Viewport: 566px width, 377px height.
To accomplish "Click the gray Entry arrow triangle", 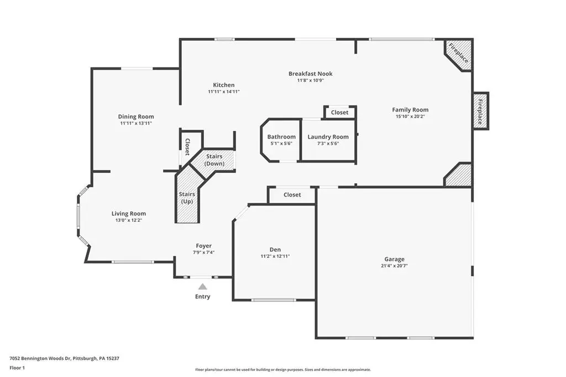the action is tap(202, 287).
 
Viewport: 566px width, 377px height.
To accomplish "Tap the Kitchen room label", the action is tap(224, 85).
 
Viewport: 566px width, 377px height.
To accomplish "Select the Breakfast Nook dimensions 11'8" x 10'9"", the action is tap(311, 81).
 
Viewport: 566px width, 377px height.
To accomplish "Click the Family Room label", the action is tap(411, 110).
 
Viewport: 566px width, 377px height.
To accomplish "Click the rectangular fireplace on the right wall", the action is tap(481, 111).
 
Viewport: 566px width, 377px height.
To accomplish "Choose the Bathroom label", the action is tap(281, 137).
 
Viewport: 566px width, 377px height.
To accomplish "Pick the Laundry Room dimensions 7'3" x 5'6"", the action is tap(328, 144).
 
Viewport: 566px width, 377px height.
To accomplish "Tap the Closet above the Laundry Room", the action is tap(340, 113).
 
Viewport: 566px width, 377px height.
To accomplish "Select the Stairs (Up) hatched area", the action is tap(187, 197).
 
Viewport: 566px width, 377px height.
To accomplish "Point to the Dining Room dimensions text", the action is tap(136, 123).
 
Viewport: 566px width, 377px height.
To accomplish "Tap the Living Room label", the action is tap(129, 214).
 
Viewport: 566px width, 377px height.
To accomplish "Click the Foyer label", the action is tap(204, 246).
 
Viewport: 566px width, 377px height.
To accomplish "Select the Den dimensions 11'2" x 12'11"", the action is tap(275, 256).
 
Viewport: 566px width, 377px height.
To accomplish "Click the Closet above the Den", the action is tap(292, 195).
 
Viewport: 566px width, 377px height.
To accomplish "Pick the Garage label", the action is tap(395, 259).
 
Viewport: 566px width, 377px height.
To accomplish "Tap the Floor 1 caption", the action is tap(17, 368).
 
